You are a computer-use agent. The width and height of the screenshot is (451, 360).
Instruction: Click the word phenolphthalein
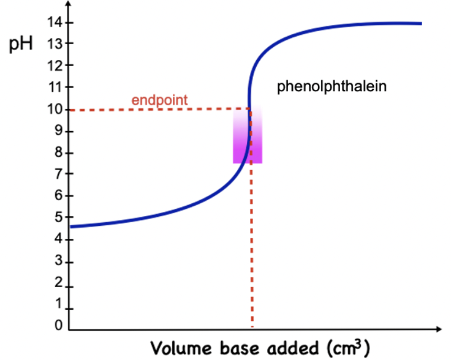tap(332, 87)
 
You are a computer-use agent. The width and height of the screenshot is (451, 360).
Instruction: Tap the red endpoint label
tap(159, 99)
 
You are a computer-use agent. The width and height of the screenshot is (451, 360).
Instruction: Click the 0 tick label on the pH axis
tap(58, 326)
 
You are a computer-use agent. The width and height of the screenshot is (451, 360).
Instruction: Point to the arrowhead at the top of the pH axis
tap(69, 6)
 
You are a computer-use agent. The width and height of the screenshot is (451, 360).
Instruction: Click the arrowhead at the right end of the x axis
tap(439, 330)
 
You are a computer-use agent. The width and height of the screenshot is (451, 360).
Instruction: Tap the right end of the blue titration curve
tap(420, 23)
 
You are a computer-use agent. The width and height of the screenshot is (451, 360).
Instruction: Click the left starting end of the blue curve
tap(72, 227)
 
